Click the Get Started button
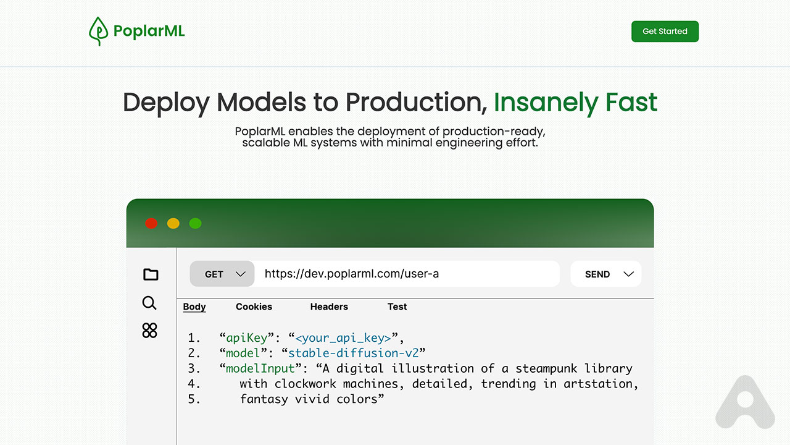click(x=665, y=32)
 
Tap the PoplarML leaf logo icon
click(x=98, y=31)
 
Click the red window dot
click(x=151, y=223)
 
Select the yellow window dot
click(x=173, y=223)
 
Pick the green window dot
click(x=195, y=223)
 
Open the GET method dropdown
click(x=222, y=274)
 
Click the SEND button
click(x=605, y=274)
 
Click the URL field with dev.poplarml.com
click(x=407, y=274)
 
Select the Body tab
click(x=194, y=307)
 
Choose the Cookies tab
click(x=254, y=307)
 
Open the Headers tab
click(x=329, y=307)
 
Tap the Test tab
click(x=397, y=307)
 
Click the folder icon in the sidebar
click(x=151, y=274)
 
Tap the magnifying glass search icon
click(x=149, y=303)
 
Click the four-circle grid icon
click(x=149, y=330)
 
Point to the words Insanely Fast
click(x=575, y=102)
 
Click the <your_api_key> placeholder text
click(x=343, y=338)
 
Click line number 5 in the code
click(x=194, y=399)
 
